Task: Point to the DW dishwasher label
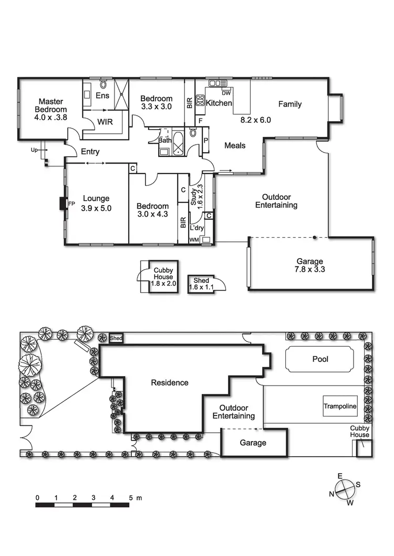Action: [226, 93]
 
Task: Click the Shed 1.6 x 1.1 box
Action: [201, 284]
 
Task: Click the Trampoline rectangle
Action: [339, 407]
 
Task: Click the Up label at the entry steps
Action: [35, 149]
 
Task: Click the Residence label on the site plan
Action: [169, 383]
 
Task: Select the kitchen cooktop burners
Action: [200, 100]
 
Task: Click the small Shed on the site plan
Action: [116, 339]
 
